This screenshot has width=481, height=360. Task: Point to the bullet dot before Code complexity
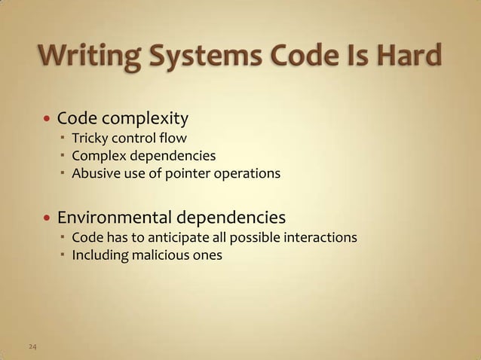tap(48, 120)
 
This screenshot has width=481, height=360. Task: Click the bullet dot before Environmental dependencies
tap(48, 220)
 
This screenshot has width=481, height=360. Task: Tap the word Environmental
tap(115, 218)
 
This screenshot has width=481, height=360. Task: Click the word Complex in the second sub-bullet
tap(97, 156)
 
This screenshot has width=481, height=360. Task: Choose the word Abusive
tap(94, 174)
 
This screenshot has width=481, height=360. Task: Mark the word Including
tap(99, 256)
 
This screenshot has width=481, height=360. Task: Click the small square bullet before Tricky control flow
tap(63, 139)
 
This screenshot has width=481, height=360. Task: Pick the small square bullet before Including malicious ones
tap(63, 256)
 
